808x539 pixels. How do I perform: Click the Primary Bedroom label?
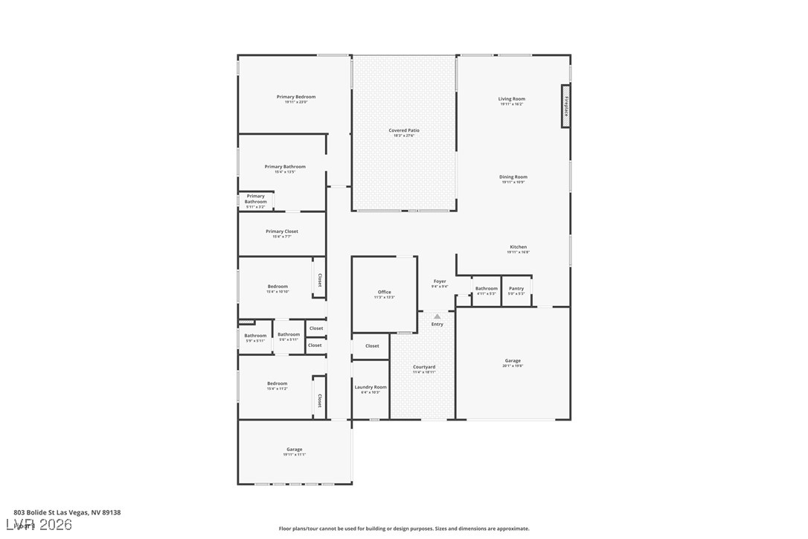click(x=295, y=98)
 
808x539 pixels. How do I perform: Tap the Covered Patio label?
click(x=404, y=131)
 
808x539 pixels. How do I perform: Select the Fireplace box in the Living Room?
click(x=565, y=106)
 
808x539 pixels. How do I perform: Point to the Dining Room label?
click(x=513, y=178)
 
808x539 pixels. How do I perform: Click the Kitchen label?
click(x=518, y=248)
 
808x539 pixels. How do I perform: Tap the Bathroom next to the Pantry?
click(x=487, y=290)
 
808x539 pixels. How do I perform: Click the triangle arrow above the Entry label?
click(x=437, y=316)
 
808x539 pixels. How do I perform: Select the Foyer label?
click(x=440, y=282)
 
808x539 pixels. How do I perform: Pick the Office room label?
click(x=384, y=293)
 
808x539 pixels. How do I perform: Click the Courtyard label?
click(x=424, y=368)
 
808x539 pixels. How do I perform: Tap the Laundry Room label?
click(x=370, y=388)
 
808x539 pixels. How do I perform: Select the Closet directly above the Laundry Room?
click(x=372, y=346)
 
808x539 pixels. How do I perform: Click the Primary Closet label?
click(x=282, y=232)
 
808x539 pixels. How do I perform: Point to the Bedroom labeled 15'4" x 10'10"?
click(x=278, y=287)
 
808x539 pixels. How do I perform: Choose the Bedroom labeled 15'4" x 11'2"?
click(x=277, y=385)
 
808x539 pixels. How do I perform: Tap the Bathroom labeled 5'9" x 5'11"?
click(x=255, y=337)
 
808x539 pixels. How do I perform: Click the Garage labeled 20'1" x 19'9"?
click(x=513, y=362)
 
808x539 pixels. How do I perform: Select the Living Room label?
click(x=512, y=100)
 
